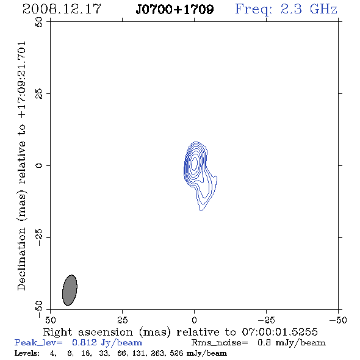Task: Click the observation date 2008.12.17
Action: click(x=62, y=9)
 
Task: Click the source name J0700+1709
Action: click(x=175, y=9)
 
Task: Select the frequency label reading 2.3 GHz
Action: click(x=309, y=9)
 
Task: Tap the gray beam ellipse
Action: click(x=70, y=290)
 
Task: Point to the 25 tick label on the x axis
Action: click(x=122, y=320)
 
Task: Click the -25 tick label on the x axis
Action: click(x=266, y=320)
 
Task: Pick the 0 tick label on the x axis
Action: click(x=194, y=320)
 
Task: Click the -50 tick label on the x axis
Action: click(x=338, y=320)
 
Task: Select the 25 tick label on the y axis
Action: click(x=39, y=94)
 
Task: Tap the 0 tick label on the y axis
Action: click(x=39, y=165)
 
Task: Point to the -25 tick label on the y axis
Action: click(x=39, y=237)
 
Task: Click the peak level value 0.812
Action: click(x=84, y=342)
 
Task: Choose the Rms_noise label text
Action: click(x=220, y=343)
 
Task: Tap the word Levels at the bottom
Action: click(x=26, y=353)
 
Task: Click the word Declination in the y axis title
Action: click(x=21, y=259)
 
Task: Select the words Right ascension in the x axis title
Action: click(x=88, y=332)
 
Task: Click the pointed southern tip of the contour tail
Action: click(x=201, y=211)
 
